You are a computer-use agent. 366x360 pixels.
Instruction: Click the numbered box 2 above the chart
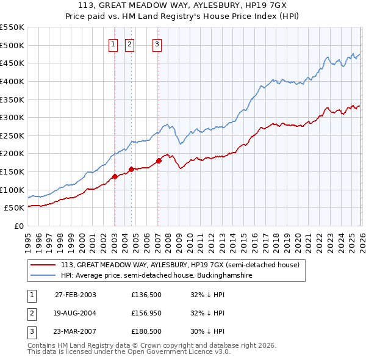coord(130,43)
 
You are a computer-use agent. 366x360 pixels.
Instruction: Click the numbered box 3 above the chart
coord(157,43)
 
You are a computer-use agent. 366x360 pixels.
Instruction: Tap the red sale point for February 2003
coord(115,176)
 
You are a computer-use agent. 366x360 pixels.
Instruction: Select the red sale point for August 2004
coord(131,169)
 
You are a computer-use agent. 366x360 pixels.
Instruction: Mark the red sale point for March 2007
coord(159,160)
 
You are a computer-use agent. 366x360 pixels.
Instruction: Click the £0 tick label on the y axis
coord(18,226)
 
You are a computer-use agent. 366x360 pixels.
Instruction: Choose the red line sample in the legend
coord(43,265)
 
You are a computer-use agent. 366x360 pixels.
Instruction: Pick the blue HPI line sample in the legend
coord(43,276)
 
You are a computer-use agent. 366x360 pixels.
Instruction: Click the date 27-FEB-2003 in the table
coord(75,295)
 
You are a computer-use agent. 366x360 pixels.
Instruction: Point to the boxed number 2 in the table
coord(31,314)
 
